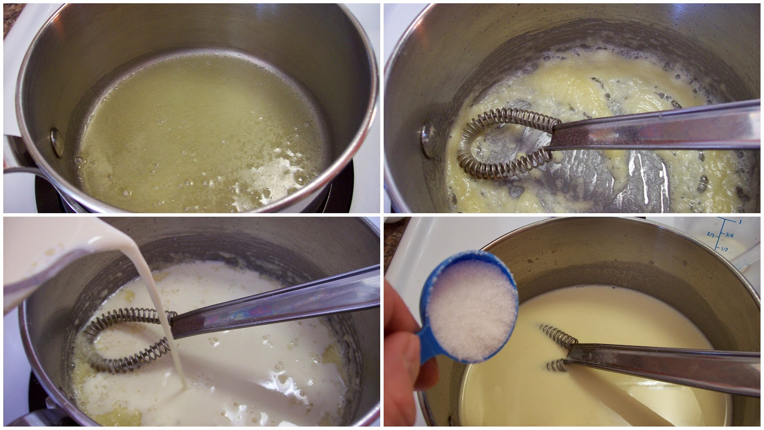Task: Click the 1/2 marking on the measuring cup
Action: coord(724,248)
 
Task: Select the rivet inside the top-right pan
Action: coord(428,139)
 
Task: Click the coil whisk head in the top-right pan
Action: coord(506,143)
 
